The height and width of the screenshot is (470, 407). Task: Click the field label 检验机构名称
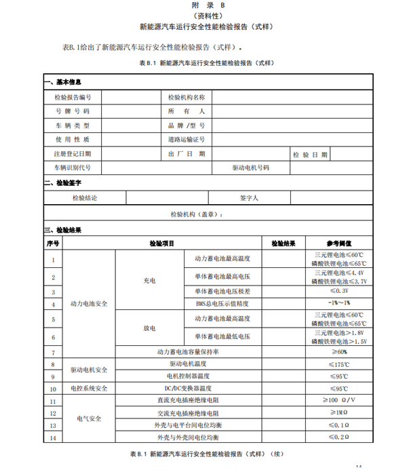186,97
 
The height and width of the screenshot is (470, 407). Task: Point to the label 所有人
186,111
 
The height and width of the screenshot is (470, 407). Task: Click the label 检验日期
310,154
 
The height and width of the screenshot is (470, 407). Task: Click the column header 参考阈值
339,243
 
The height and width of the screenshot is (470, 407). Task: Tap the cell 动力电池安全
89,304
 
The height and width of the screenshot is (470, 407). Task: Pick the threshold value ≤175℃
339,364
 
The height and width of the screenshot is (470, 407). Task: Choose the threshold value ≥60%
339,352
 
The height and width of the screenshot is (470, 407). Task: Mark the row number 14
52,437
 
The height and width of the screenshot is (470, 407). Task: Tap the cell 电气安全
89,419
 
